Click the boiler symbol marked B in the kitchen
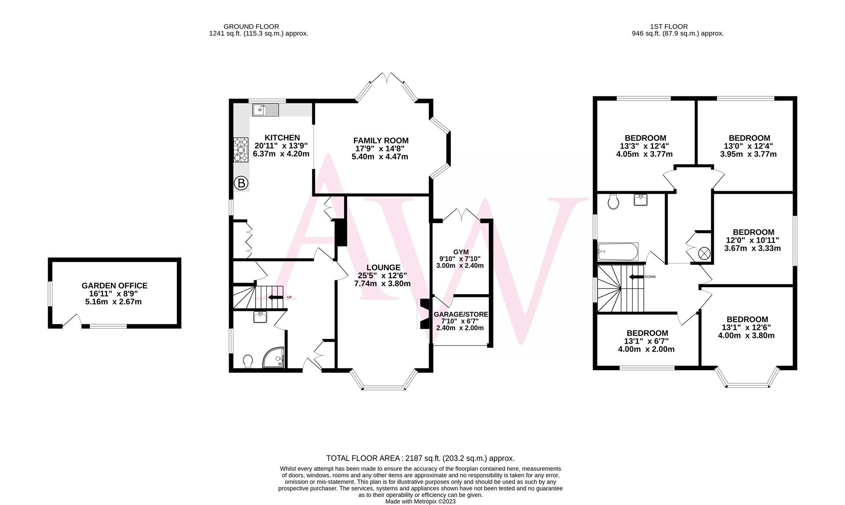(x=241, y=183)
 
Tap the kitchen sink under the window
(x=265, y=110)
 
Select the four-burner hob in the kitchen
(x=241, y=150)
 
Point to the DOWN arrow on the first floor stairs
(x=636, y=277)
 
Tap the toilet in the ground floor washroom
(x=248, y=361)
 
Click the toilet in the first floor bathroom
(x=613, y=202)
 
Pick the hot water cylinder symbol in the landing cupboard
(x=704, y=253)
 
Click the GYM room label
(x=461, y=252)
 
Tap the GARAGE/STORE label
(x=461, y=314)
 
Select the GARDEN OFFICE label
(x=114, y=286)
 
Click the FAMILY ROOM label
(x=381, y=140)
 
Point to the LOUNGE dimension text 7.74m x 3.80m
(x=382, y=284)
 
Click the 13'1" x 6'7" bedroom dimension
(x=647, y=341)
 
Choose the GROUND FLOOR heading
(x=251, y=27)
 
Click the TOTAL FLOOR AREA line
(x=420, y=458)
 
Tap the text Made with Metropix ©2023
(x=420, y=501)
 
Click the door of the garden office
(x=72, y=320)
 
